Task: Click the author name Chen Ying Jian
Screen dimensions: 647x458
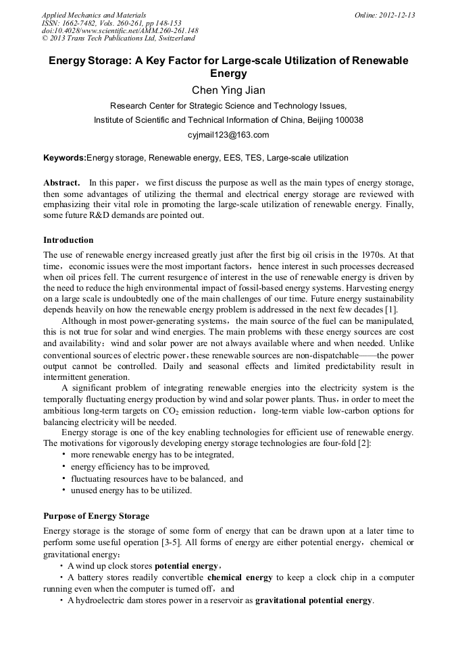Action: coord(228,90)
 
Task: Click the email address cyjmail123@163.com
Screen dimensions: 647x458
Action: coord(228,134)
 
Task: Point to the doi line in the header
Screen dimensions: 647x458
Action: coord(120,30)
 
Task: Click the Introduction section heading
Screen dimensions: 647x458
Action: coord(68,240)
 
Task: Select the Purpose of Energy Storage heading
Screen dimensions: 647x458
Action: coord(96,516)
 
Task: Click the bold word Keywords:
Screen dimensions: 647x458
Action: coord(65,159)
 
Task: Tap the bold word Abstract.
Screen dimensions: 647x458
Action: coord(61,183)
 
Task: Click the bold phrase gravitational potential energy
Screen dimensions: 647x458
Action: coord(313,600)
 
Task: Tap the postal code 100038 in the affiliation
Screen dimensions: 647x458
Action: coord(348,120)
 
